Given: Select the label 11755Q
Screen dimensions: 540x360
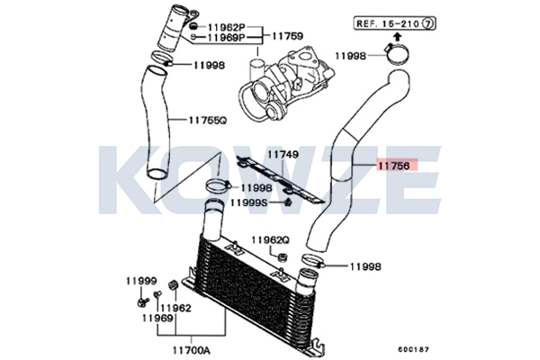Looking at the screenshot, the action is click(x=208, y=121).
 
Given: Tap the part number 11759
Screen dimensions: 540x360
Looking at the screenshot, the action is click(x=288, y=36).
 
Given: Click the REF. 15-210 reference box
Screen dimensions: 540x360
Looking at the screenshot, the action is click(x=394, y=23).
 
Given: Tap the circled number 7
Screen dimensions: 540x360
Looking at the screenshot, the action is click(x=427, y=23).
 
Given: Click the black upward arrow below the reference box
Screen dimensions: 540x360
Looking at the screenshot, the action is click(x=397, y=37).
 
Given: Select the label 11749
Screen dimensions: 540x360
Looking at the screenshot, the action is click(x=283, y=154).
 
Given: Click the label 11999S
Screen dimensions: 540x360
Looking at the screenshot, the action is click(x=248, y=202).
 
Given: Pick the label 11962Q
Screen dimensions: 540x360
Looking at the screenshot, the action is click(x=271, y=239).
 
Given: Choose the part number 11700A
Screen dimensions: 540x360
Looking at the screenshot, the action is click(x=191, y=350).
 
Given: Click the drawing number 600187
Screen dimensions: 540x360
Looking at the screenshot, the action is click(x=414, y=350).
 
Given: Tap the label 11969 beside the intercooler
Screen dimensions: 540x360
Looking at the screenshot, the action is click(x=157, y=318).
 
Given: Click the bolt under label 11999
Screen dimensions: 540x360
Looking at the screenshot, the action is click(x=142, y=302).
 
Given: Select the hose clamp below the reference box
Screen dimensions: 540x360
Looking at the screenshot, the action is click(x=397, y=53).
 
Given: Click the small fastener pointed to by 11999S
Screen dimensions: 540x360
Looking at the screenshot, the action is click(x=289, y=202).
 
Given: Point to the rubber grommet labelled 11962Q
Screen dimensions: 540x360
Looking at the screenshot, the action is click(x=283, y=257).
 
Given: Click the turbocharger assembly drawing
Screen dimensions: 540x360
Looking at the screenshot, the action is click(x=286, y=85).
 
